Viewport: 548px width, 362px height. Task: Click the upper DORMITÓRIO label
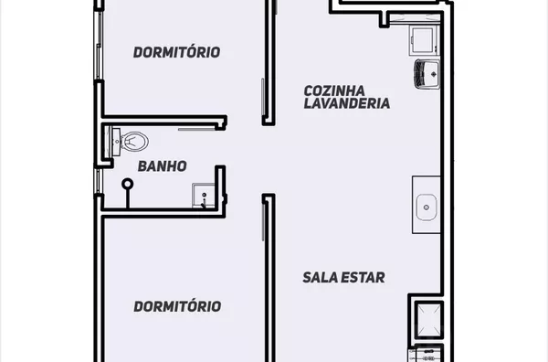(176, 52)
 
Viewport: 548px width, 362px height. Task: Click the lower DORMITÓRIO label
(177, 306)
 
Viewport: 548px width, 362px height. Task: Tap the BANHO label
(163, 166)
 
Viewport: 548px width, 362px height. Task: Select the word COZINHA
(334, 90)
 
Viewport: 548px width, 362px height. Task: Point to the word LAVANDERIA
(347, 103)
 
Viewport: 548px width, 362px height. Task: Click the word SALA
(320, 277)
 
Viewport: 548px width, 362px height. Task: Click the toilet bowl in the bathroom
(134, 142)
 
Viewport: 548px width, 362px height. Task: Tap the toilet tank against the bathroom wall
(116, 142)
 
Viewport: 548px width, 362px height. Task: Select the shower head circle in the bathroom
(128, 183)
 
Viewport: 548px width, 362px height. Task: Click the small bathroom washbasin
(203, 195)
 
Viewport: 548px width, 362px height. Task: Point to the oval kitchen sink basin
(427, 208)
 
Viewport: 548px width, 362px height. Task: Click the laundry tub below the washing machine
(427, 74)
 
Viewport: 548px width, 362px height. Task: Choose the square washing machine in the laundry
(423, 41)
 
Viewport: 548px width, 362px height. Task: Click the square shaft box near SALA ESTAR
(429, 320)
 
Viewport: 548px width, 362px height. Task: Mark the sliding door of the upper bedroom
(262, 97)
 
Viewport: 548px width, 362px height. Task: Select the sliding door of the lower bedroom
(263, 222)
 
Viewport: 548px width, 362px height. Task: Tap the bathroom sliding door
(196, 130)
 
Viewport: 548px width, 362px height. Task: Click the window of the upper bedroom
(99, 46)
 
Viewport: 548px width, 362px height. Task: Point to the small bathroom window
(99, 181)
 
